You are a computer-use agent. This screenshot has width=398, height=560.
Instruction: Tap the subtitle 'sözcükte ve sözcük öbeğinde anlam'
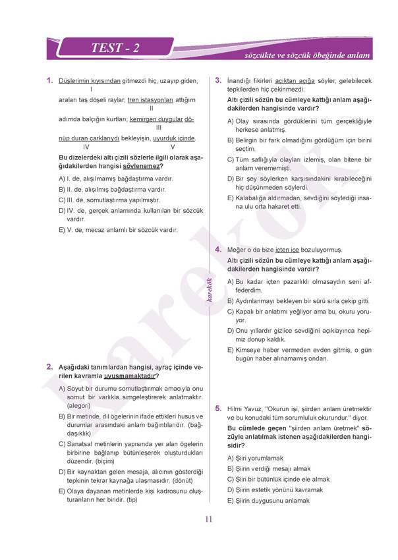coord(308,57)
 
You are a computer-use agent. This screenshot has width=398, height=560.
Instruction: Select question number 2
coord(49,367)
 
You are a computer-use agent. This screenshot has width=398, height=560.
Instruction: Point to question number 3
coord(218,80)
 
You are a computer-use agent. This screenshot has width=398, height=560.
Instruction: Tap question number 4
coord(218,250)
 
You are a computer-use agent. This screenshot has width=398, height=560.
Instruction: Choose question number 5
coord(218,409)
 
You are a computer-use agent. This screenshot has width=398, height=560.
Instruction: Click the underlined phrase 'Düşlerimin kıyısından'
coord(90,81)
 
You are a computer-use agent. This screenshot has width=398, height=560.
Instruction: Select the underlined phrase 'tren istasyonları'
coord(150,100)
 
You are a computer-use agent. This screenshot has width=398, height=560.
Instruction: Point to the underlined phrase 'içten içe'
coord(290,250)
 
